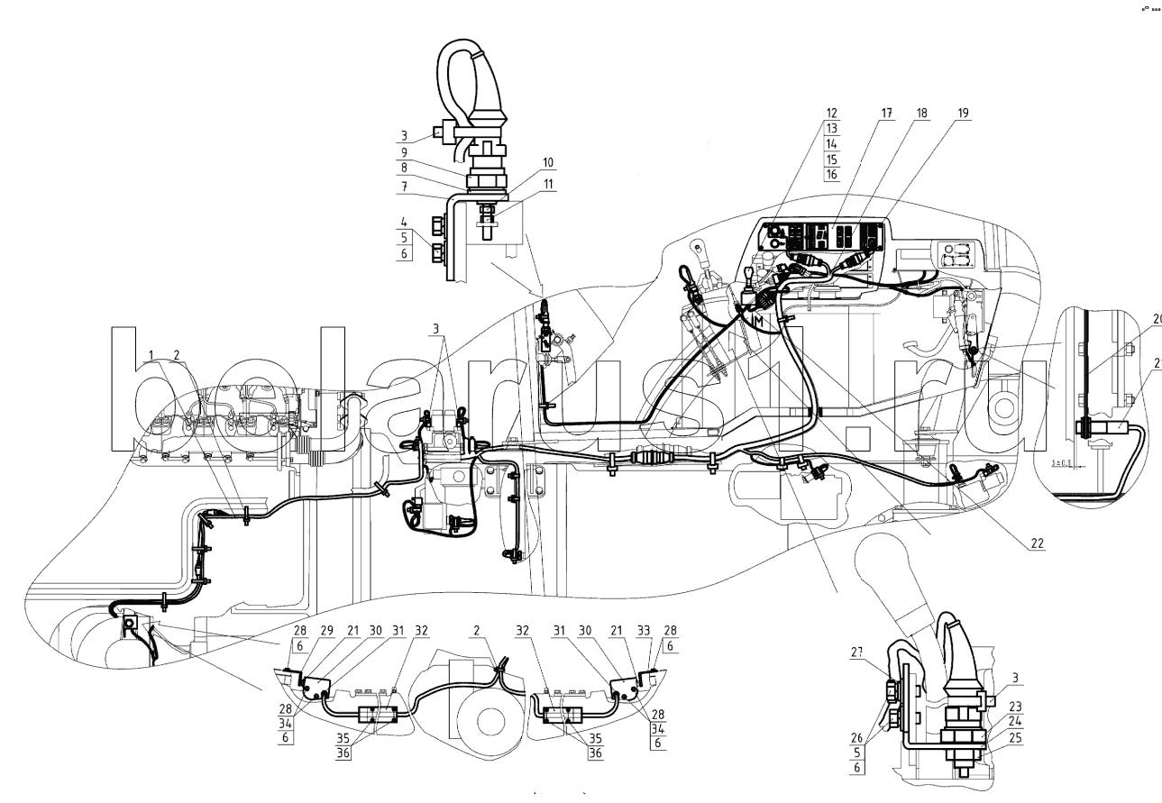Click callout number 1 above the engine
(x=152, y=353)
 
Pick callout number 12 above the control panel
(x=831, y=114)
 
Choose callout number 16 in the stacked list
(x=831, y=173)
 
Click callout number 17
(x=887, y=114)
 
